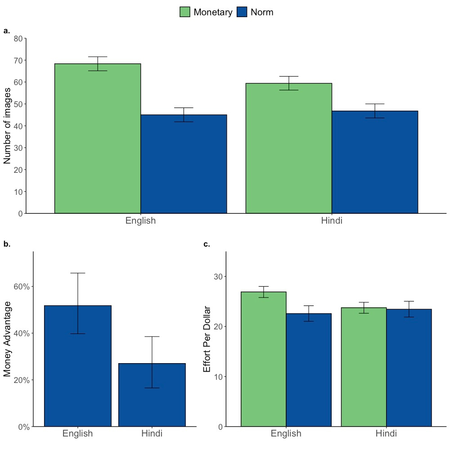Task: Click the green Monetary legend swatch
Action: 185,12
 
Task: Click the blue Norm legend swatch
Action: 242,12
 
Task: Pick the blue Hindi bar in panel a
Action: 374,162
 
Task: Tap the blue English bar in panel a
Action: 184,164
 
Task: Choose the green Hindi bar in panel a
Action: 288,148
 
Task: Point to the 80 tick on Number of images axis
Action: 18,39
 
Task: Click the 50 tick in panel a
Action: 18,104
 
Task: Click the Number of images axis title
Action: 8,126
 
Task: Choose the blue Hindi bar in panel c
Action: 409,368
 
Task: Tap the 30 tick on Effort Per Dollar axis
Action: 218,276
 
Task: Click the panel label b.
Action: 7,244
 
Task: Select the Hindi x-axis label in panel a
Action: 332,221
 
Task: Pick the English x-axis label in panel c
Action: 286,434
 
